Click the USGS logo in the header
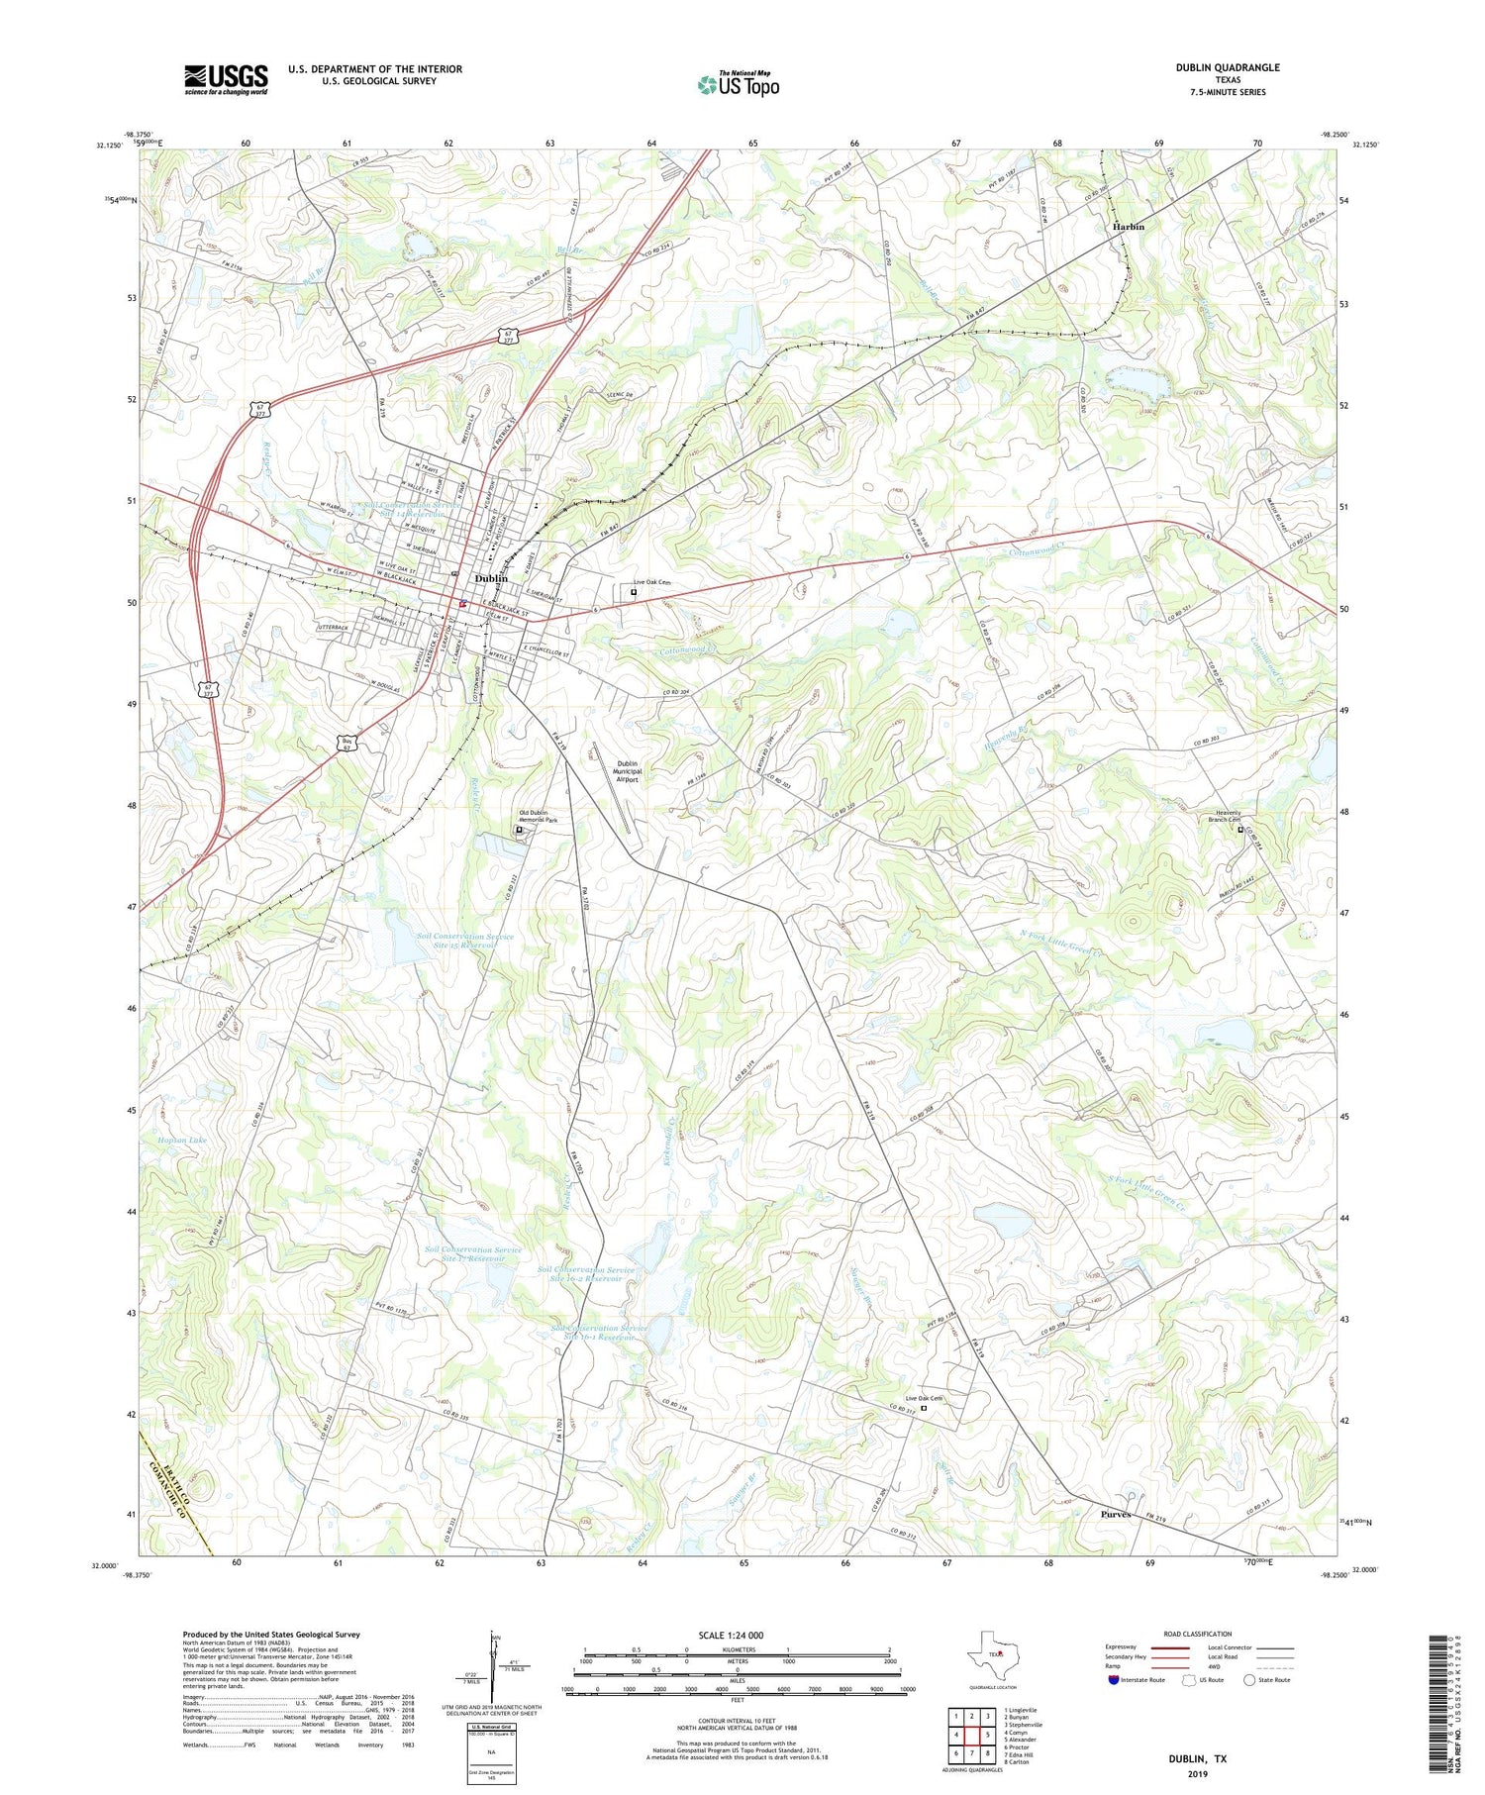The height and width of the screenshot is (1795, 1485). pos(226,79)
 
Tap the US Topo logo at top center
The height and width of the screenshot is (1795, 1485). pos(739,85)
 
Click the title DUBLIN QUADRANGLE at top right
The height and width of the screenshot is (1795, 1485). pos(1227,67)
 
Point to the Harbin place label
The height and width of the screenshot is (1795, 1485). pos(1128,227)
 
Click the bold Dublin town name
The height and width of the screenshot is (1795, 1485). pos(492,579)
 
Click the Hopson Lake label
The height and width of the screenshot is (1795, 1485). pos(182,1141)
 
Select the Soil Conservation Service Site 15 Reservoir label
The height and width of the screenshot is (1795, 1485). pos(464,941)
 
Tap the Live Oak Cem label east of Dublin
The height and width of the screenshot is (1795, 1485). pos(652,582)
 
